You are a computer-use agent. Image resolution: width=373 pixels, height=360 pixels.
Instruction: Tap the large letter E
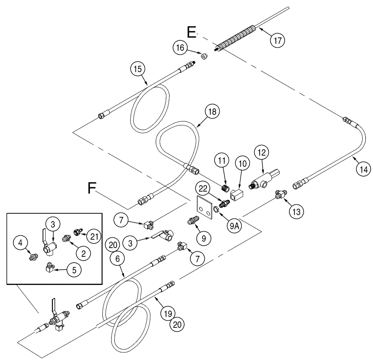[x=191, y=32]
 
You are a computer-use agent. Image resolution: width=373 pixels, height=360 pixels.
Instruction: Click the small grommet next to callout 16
[x=204, y=57]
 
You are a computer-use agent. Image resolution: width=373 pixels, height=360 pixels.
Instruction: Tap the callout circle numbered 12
[x=260, y=152]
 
